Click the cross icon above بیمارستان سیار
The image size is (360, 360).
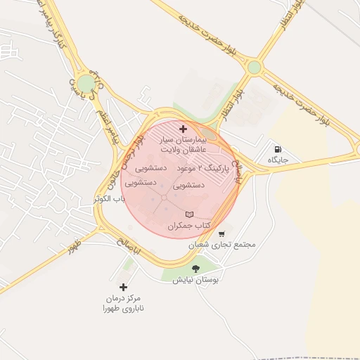coord(184,129)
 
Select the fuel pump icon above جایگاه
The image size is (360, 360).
coord(278,150)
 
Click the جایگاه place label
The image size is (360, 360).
coord(278,161)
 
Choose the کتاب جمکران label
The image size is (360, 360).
coord(189,226)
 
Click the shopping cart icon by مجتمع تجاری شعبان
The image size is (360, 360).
coord(221,234)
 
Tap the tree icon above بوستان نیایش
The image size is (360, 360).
coord(195,269)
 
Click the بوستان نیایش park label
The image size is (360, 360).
coord(196,280)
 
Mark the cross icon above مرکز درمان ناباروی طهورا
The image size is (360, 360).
coord(124,287)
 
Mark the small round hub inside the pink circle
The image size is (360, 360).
coord(164,198)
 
